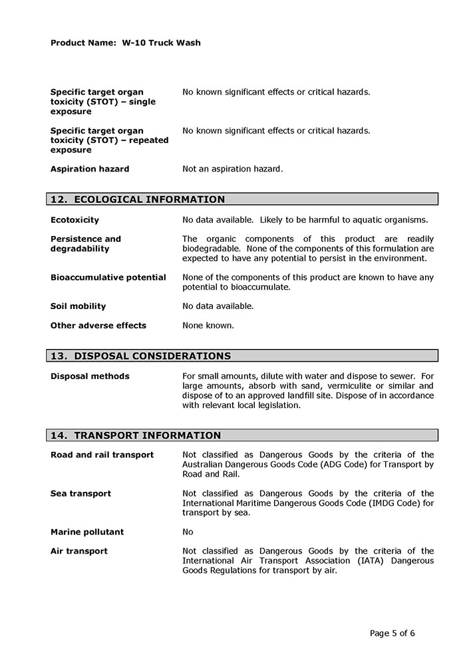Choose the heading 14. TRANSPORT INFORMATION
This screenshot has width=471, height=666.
(x=136, y=436)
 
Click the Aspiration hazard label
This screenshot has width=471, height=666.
(x=90, y=169)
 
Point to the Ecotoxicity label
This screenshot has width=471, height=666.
(x=75, y=220)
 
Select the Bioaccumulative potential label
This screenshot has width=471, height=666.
(x=108, y=277)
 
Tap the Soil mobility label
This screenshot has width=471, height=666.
(x=78, y=306)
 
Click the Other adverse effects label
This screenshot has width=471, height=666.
(x=98, y=326)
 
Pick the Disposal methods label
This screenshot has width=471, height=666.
(x=90, y=376)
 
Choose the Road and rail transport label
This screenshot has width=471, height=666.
(x=102, y=455)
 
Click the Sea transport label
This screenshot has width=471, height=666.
(x=80, y=493)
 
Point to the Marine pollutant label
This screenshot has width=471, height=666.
(x=87, y=532)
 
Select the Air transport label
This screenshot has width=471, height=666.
(x=78, y=551)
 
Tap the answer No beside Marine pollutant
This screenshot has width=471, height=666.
(x=188, y=532)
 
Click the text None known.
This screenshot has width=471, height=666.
(x=208, y=326)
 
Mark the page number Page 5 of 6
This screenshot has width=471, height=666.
(x=392, y=632)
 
